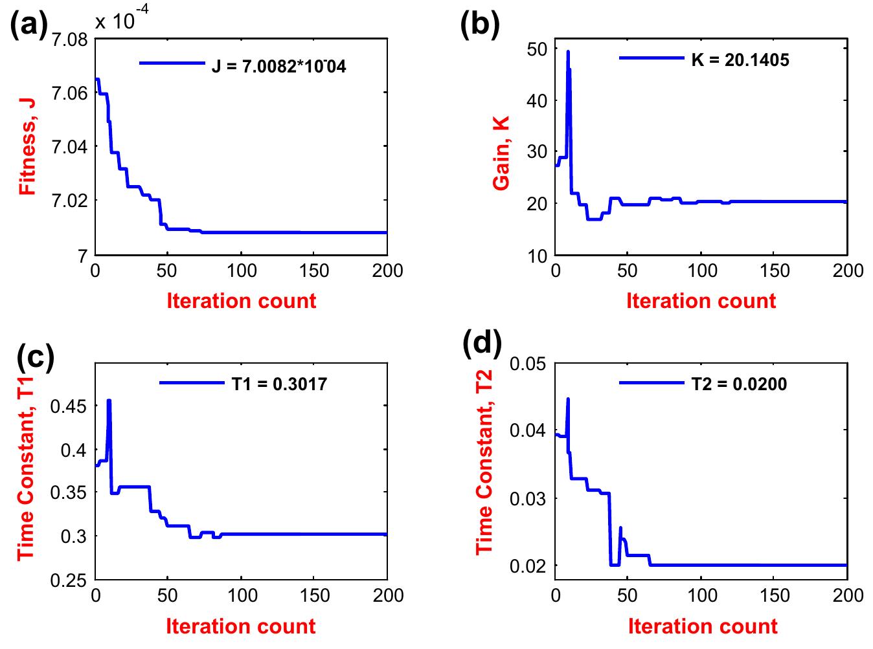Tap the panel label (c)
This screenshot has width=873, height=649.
tap(34, 354)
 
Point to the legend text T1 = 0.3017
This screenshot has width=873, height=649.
tap(279, 384)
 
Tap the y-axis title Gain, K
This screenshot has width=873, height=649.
tap(501, 153)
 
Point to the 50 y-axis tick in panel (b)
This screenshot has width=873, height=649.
tap(537, 49)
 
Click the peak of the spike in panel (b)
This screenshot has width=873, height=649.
tap(568, 51)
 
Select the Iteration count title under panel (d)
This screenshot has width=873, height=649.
tap(703, 626)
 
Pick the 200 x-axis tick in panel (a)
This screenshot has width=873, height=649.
tap(387, 270)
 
